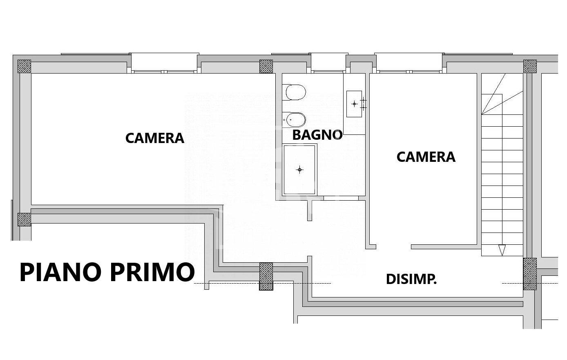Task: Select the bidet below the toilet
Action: pyautogui.click(x=294, y=120)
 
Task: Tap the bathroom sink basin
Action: pyautogui.click(x=354, y=104)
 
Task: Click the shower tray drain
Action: pyautogui.click(x=300, y=170)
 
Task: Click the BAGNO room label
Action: pyautogui.click(x=317, y=135)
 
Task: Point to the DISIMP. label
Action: pyautogui.click(x=411, y=280)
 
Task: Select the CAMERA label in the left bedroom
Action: pyautogui.click(x=155, y=138)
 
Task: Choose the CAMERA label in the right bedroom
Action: pyautogui.click(x=426, y=157)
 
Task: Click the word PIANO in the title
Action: pyautogui.click(x=61, y=272)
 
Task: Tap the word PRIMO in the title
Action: pyautogui.click(x=152, y=272)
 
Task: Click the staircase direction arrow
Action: pyautogui.click(x=502, y=250)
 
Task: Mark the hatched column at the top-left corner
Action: pyautogui.click(x=24, y=66)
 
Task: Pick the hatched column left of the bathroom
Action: pyautogui.click(x=266, y=66)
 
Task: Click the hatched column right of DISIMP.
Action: pyautogui.click(x=530, y=274)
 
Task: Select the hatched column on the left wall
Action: pyautogui.click(x=24, y=219)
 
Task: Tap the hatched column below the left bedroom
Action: pyautogui.click(x=266, y=276)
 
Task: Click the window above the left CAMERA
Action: pyautogui.click(x=164, y=63)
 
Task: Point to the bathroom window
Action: pyautogui.click(x=328, y=63)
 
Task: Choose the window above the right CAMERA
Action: pyautogui.click(x=409, y=63)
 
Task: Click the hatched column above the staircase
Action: pyautogui.click(x=530, y=66)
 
